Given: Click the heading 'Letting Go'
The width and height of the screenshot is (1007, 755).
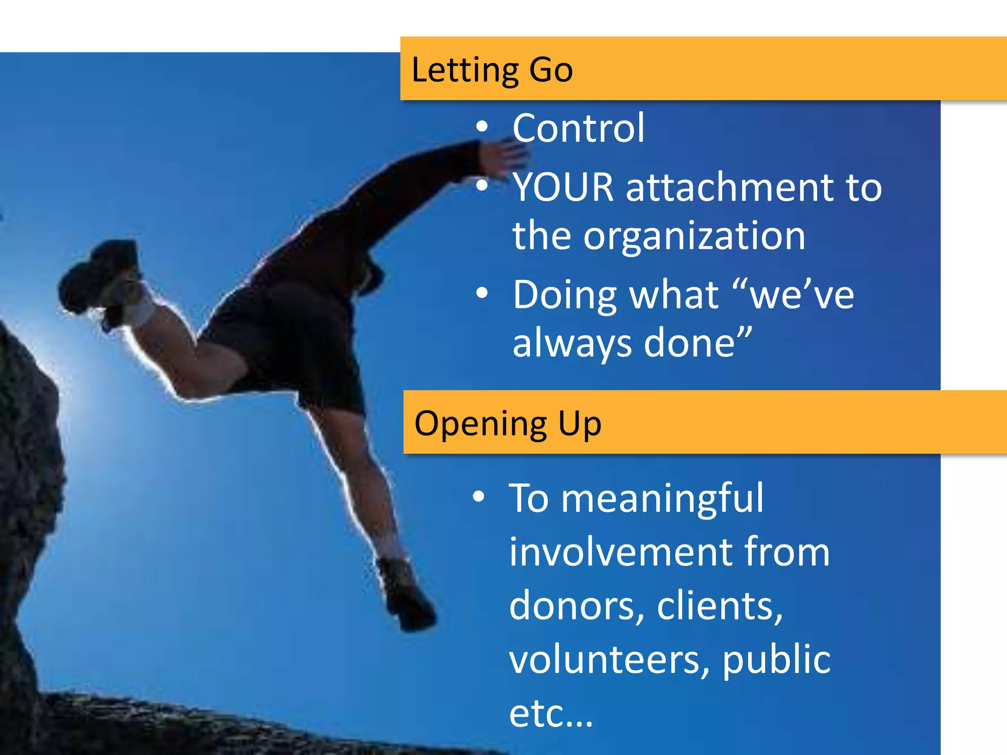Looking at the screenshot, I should [x=492, y=70].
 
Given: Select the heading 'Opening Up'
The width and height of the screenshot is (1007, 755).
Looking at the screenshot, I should [x=507, y=424].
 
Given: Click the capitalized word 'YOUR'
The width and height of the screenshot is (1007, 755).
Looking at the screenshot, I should [x=563, y=187].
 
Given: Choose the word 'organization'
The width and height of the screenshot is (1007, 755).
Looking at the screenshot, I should [x=694, y=236].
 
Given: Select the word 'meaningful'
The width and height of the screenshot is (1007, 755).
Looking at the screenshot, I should [x=662, y=498].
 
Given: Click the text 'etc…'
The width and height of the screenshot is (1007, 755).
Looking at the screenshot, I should [x=551, y=714].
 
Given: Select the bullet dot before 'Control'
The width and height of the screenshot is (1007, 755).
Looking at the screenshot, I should [x=482, y=128].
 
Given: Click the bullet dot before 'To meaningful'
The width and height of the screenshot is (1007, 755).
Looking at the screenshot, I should [x=478, y=497].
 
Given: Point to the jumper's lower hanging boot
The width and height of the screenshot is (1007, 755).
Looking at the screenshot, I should [x=406, y=595].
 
